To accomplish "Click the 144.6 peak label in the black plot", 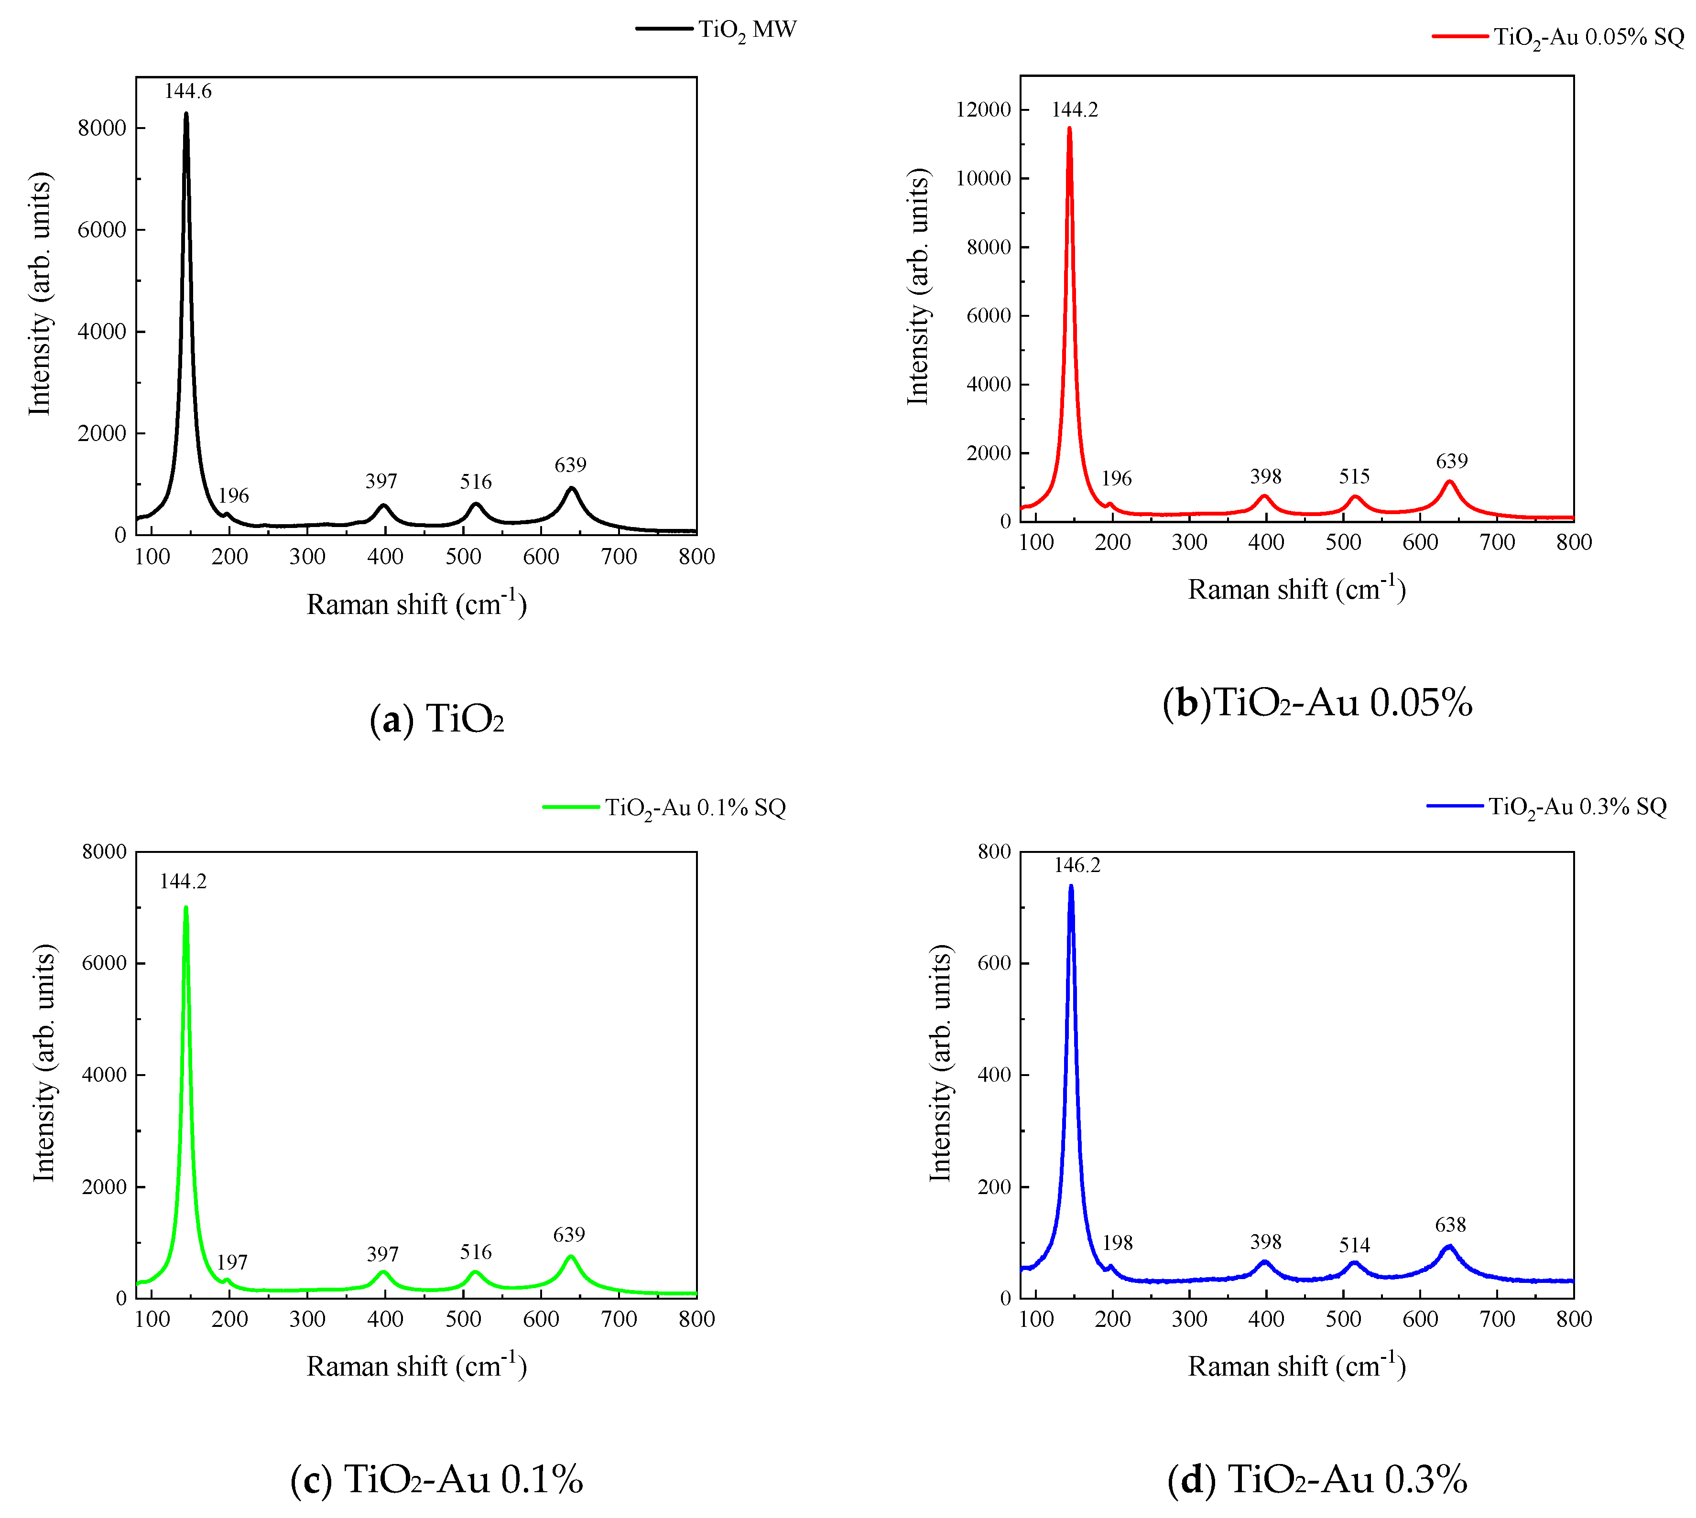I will pos(188,91).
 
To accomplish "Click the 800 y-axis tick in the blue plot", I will pos(994,851).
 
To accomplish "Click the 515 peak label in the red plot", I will pos(1354,476).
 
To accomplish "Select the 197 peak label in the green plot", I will pos(232,1262).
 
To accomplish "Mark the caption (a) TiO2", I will pos(436,719).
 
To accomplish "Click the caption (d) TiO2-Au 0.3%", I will pos(1316,1480).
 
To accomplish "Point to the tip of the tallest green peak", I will pos(186,907).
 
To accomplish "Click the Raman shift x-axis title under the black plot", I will pos(416,604).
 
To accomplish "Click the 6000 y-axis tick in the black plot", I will pos(102,230).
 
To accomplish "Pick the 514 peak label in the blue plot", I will pos(1354,1245).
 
